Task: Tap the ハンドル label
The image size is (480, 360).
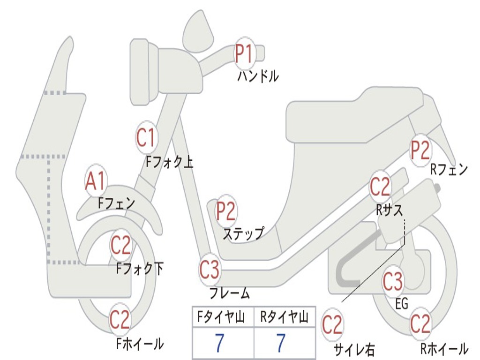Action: (258, 75)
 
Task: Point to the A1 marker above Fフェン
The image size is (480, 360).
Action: (96, 181)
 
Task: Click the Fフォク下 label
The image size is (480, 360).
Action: (140, 269)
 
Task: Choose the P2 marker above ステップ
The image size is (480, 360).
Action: (226, 211)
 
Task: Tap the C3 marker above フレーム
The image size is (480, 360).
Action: (209, 270)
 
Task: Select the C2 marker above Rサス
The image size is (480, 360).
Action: (380, 187)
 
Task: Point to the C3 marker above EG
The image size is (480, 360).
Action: (393, 281)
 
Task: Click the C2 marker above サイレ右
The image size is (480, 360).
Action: (332, 325)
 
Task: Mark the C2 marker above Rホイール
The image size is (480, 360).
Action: (420, 323)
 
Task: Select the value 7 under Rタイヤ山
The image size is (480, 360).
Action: (281, 344)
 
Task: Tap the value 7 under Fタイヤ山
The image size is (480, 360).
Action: (220, 344)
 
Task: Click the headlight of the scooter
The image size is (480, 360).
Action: (141, 71)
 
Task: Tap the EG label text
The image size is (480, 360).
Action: (402, 304)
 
